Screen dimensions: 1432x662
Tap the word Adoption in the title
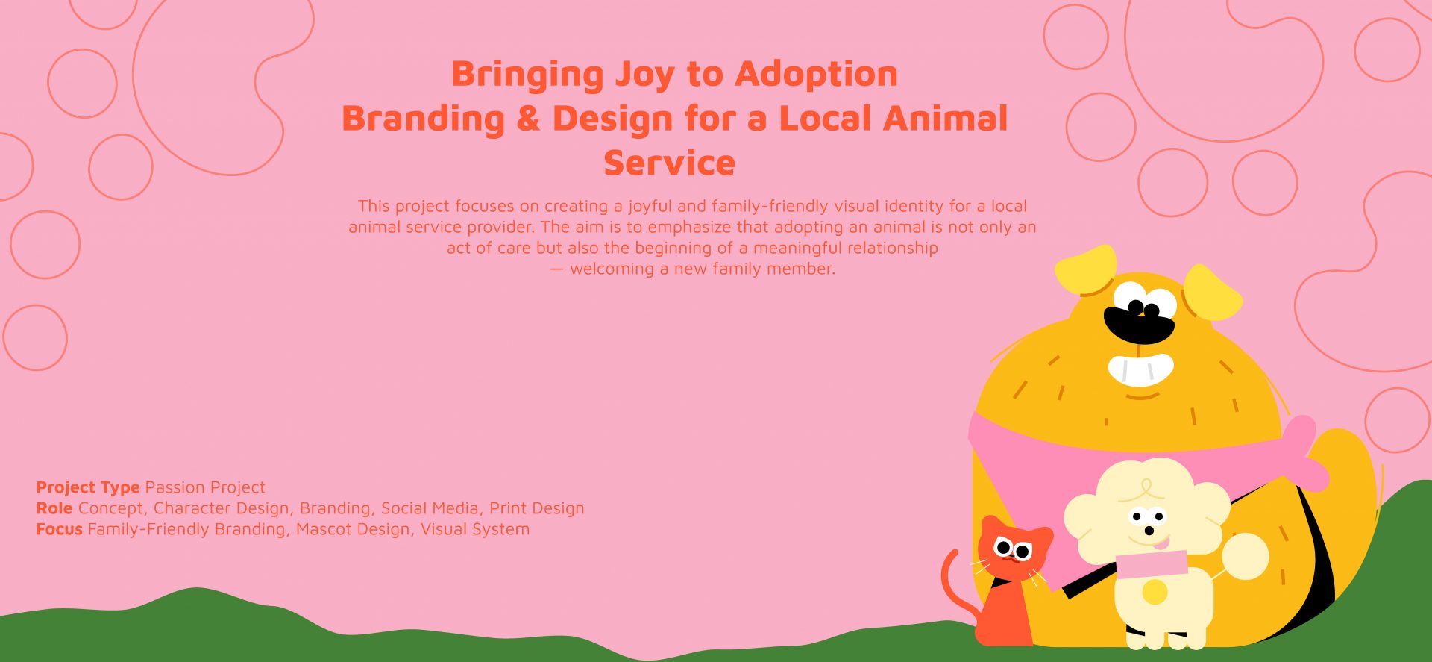pyautogui.click(x=816, y=74)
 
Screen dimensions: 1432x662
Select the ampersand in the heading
pyautogui.click(x=528, y=119)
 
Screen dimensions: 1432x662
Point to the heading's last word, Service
pyautogui.click(x=669, y=163)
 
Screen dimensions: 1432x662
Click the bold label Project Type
pyautogui.click(x=88, y=488)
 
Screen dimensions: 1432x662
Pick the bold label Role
pyautogui.click(x=54, y=508)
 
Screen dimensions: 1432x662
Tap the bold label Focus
pyautogui.click(x=59, y=529)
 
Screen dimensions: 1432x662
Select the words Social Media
pyautogui.click(x=430, y=508)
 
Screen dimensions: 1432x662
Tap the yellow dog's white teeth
pyautogui.click(x=1140, y=369)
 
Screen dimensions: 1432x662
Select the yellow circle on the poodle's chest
pyautogui.click(x=1155, y=593)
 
